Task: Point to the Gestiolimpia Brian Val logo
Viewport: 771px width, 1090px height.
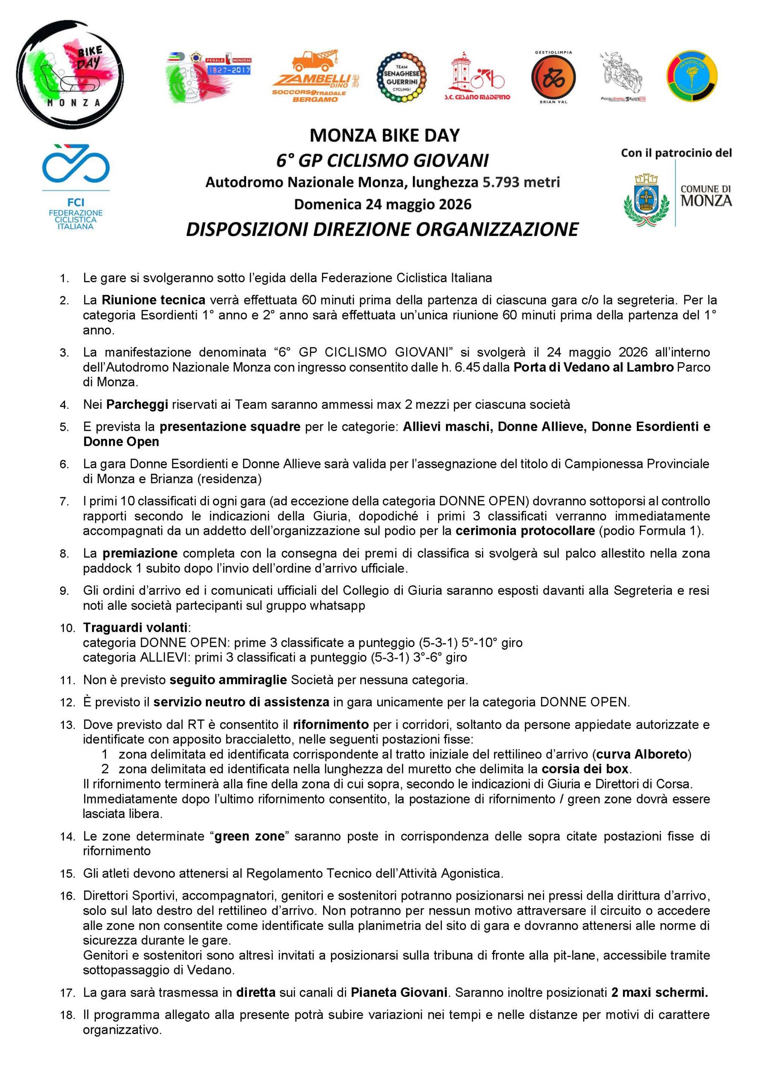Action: pyautogui.click(x=553, y=77)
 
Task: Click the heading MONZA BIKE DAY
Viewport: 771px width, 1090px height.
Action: pyautogui.click(x=384, y=136)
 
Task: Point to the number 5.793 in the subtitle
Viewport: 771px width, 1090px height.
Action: pyautogui.click(x=502, y=182)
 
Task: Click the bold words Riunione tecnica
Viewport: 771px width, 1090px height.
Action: pyautogui.click(x=153, y=300)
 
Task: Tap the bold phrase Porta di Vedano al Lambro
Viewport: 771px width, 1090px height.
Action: pyautogui.click(x=593, y=367)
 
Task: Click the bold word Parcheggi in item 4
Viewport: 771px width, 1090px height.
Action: pyautogui.click(x=137, y=404)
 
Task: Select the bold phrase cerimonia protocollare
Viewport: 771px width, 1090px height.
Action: pyautogui.click(x=525, y=531)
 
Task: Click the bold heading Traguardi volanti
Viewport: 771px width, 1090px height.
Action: pyautogui.click(x=135, y=628)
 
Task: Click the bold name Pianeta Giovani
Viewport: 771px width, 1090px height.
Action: pyautogui.click(x=399, y=992)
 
